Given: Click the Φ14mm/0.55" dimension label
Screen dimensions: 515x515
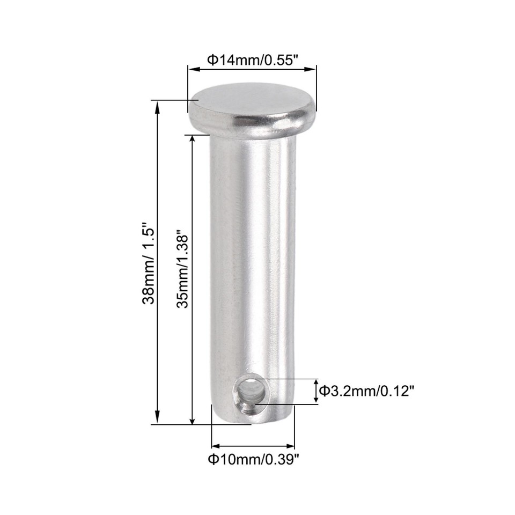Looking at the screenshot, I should (x=252, y=60).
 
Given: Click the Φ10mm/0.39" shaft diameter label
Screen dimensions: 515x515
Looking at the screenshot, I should (x=253, y=459).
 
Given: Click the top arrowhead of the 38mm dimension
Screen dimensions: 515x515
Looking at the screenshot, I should (x=157, y=106).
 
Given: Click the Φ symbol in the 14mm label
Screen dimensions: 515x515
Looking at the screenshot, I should (x=211, y=60).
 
